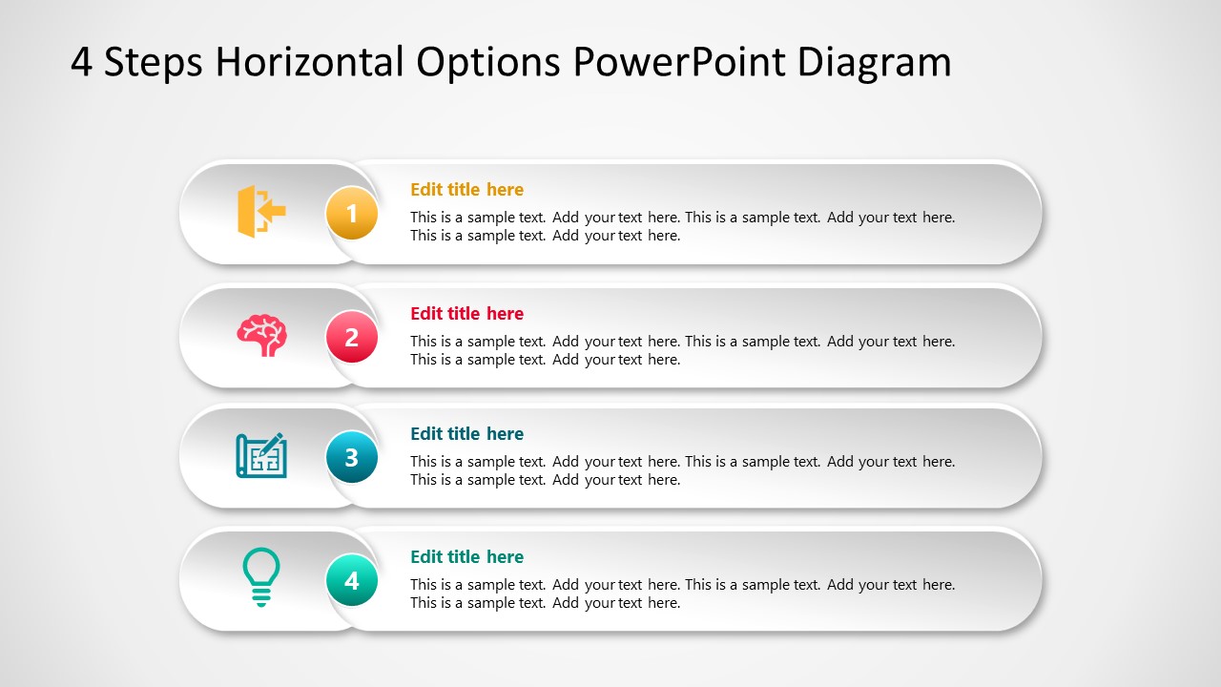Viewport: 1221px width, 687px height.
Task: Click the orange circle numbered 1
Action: (351, 214)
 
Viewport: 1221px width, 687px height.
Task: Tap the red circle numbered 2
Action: (351, 337)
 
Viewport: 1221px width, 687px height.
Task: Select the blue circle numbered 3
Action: (351, 457)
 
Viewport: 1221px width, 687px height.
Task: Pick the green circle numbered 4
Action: (351, 580)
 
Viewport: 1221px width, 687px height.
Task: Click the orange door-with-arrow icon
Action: (260, 211)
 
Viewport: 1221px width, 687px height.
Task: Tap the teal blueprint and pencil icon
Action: (261, 456)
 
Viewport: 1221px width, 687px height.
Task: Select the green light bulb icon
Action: (261, 576)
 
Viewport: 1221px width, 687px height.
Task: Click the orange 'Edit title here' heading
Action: (466, 189)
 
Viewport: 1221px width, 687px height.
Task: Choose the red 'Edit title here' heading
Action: (466, 313)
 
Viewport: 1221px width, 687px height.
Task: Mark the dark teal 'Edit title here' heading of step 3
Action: (466, 433)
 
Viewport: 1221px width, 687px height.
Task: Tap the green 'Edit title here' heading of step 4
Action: (466, 556)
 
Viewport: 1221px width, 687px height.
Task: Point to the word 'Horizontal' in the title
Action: (310, 63)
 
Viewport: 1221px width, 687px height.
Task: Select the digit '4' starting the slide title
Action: (81, 63)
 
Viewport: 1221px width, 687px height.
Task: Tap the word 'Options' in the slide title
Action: (487, 63)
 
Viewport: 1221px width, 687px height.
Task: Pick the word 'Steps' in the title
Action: (155, 63)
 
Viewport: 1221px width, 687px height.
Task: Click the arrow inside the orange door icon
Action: (273, 211)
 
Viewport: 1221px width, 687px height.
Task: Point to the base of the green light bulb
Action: (261, 597)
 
